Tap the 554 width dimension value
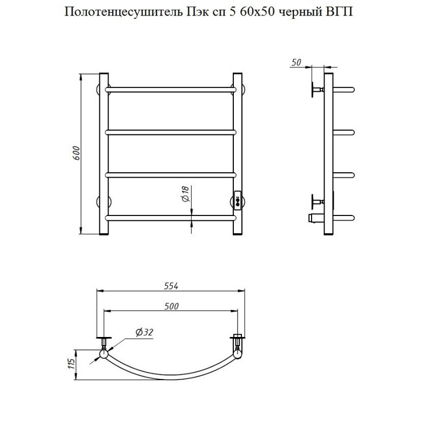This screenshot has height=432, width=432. point(171,286)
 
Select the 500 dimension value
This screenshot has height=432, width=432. point(171,306)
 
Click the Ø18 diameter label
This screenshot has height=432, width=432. point(185,194)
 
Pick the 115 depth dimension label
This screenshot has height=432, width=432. point(70,364)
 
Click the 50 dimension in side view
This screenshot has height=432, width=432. point(295,63)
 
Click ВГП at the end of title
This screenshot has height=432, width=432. point(337,12)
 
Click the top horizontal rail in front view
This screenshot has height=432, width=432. point(171,88)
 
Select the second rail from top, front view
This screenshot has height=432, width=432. point(171,131)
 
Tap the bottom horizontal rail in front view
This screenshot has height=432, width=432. point(171,218)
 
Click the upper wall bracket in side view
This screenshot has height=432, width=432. point(315,90)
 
